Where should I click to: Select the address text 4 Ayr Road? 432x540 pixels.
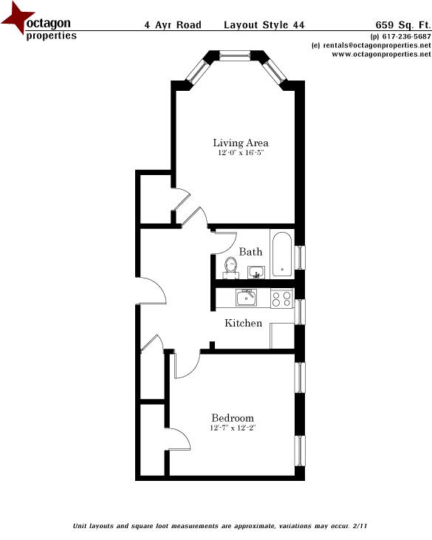[172, 24]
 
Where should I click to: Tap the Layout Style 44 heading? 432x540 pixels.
[263, 24]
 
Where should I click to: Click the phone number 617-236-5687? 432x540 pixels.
[405, 36]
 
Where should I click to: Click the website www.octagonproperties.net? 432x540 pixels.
[376, 54]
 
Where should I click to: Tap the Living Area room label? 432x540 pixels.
[240, 143]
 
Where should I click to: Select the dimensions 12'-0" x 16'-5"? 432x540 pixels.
[240, 153]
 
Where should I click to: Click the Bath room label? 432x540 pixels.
[250, 252]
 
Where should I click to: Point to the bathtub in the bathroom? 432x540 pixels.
[282, 253]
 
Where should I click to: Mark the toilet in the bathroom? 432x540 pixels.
[230, 266]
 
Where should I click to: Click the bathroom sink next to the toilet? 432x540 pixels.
[256, 272]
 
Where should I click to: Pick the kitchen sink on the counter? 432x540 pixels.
[245, 297]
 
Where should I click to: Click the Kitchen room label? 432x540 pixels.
[243, 323]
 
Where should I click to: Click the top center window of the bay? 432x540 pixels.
[236, 55]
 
